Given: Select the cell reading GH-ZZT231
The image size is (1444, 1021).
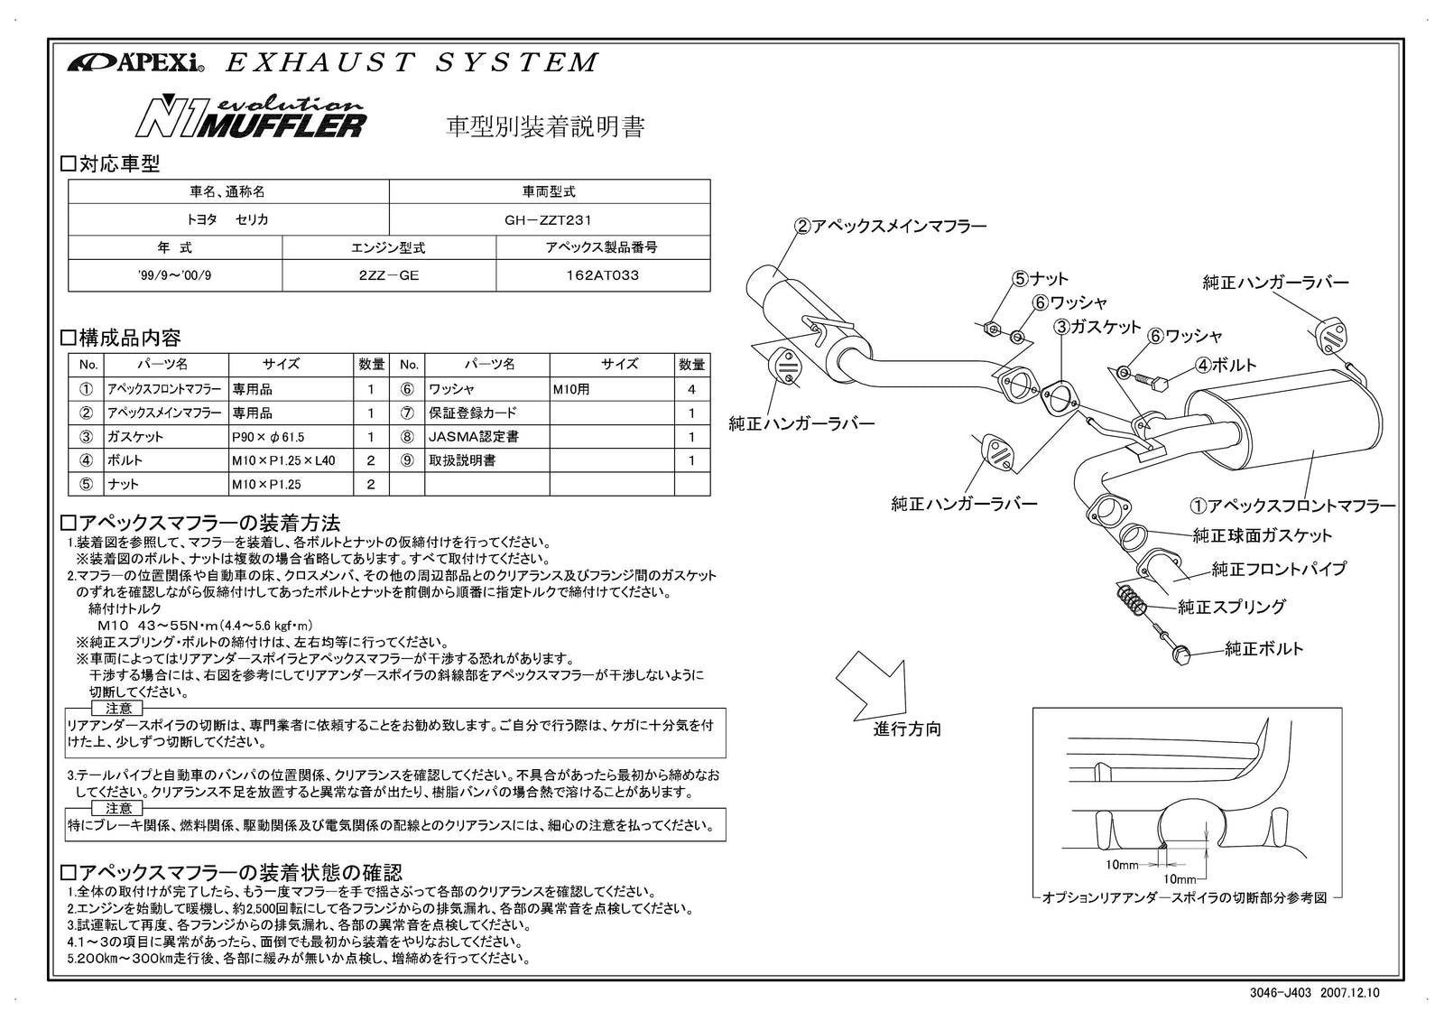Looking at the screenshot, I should (549, 219).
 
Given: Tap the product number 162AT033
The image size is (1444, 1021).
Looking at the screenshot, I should (602, 276).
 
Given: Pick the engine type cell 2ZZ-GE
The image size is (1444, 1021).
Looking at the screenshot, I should (388, 276).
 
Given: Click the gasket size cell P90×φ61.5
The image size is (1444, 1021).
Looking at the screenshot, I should (268, 437).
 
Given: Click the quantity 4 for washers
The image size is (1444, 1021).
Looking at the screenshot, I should (691, 390).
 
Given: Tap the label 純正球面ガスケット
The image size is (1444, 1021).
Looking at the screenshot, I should (1262, 535).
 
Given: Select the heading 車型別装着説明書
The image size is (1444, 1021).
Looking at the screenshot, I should (545, 127).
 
